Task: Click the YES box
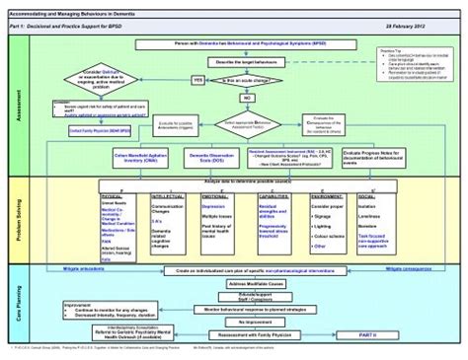197,80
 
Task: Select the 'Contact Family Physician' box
93,129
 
